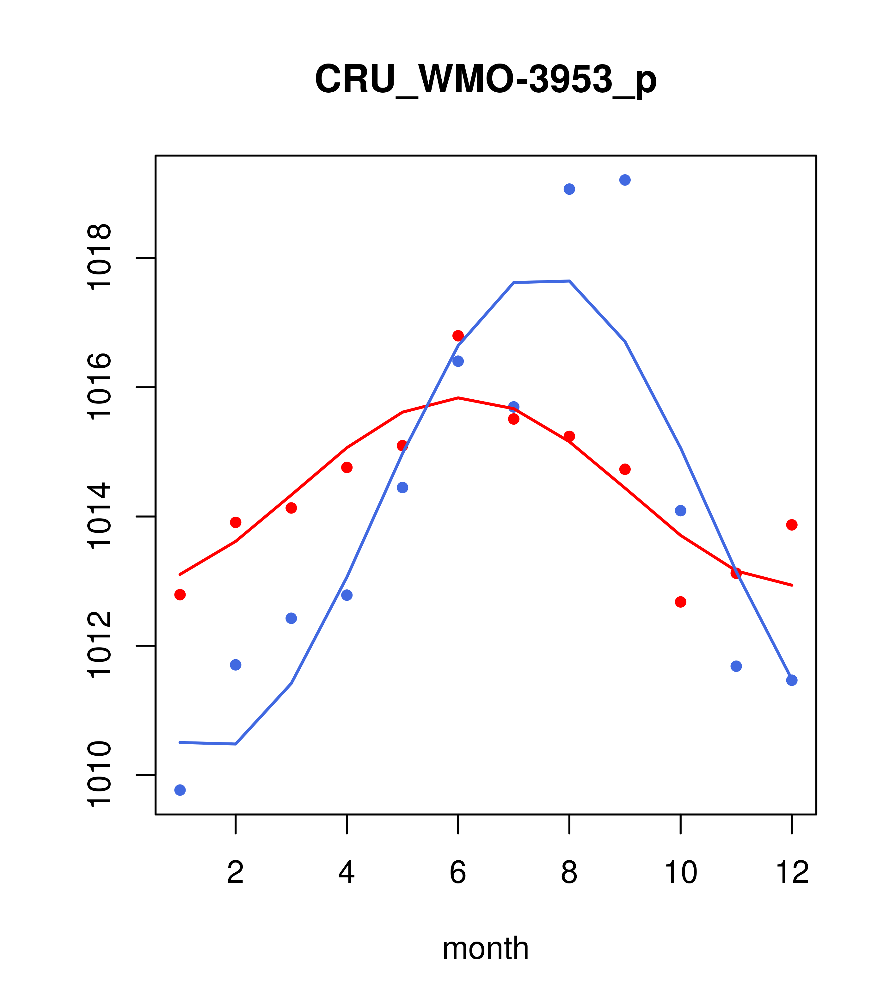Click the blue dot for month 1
click(180, 790)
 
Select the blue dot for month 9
click(625, 180)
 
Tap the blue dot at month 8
click(569, 189)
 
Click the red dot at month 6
click(458, 336)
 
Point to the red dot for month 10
click(680, 602)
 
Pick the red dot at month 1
click(180, 595)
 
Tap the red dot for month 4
click(347, 467)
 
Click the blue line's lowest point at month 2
click(236, 744)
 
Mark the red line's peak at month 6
click(458, 397)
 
